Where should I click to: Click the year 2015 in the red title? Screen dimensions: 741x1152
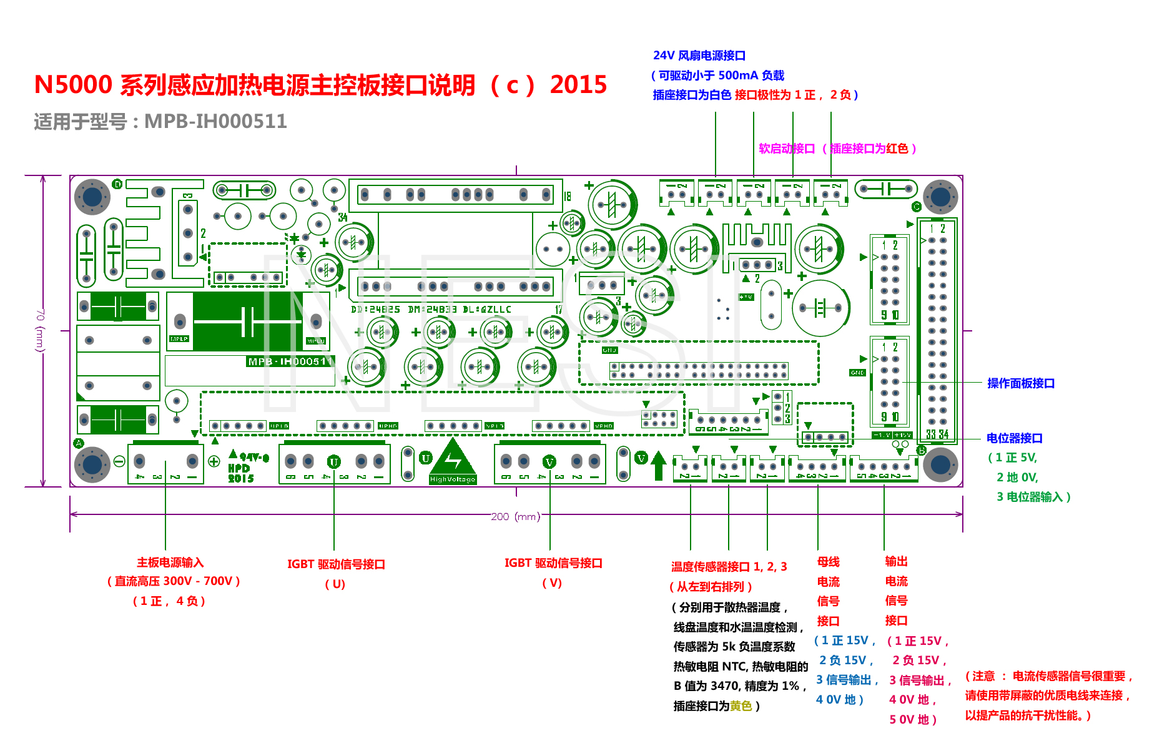[x=578, y=85]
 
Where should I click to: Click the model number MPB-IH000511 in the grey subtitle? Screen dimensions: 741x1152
[x=215, y=121]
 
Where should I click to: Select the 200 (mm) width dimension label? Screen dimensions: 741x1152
[x=515, y=516]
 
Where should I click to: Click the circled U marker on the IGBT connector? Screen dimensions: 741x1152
[x=334, y=462]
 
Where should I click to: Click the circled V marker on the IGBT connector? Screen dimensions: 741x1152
[x=549, y=462]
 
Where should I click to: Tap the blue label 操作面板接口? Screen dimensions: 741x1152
[x=1021, y=383]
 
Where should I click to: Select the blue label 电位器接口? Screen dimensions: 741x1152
[x=1015, y=438]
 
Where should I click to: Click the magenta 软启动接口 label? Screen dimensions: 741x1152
[x=787, y=149]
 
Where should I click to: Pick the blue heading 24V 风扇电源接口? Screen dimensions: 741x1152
[x=699, y=56]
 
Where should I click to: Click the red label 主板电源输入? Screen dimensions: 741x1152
[x=170, y=562]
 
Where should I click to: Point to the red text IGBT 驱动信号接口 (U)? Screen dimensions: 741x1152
[x=336, y=564]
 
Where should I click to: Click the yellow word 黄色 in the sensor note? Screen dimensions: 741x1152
[x=741, y=706]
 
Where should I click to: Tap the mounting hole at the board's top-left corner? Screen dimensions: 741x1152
[x=92, y=197]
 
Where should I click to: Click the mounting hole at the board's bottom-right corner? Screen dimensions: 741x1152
[x=940, y=464]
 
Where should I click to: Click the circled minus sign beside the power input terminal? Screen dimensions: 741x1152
[x=119, y=461]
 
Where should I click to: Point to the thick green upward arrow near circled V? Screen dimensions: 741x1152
[x=659, y=465]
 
